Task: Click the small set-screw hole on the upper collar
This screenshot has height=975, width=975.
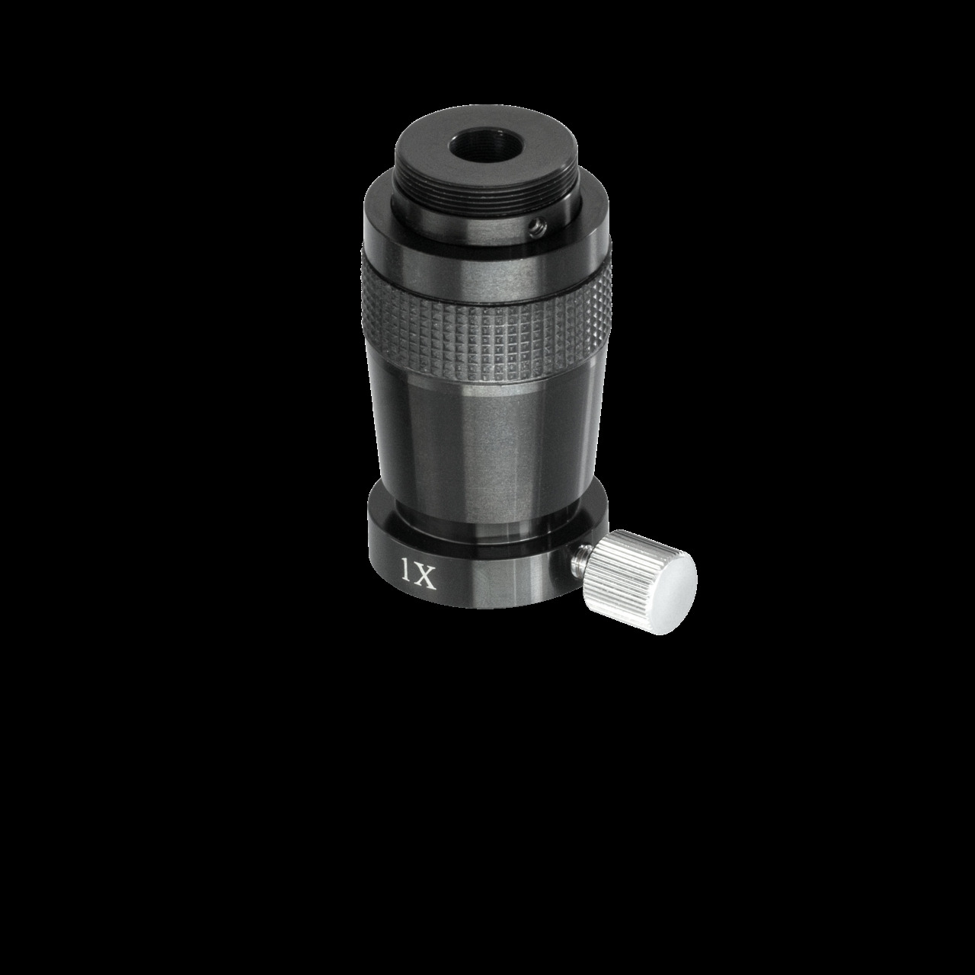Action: [x=539, y=224]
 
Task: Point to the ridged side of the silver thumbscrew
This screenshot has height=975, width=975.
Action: [x=628, y=567]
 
